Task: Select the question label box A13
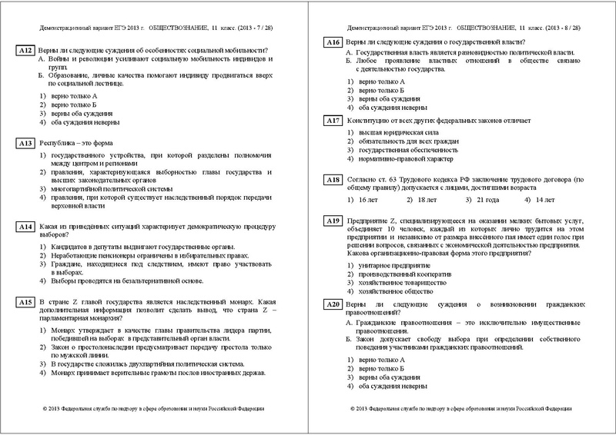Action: pos(25,143)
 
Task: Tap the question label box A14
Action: pos(25,227)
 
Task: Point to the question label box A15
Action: pos(25,302)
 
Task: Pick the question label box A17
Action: pos(333,121)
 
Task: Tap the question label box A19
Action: pos(333,221)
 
